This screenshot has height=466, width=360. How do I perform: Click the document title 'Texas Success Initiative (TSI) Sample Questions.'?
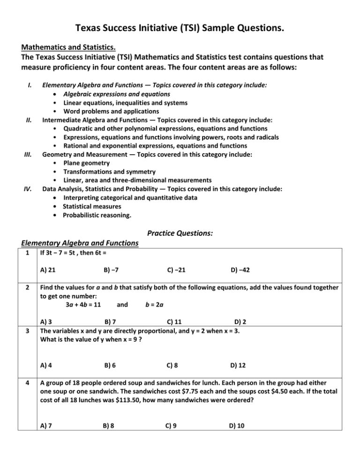pyautogui.click(x=180, y=30)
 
